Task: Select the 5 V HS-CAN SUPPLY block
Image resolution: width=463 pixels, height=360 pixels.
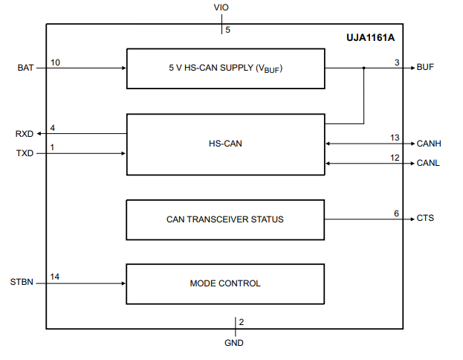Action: [225, 68]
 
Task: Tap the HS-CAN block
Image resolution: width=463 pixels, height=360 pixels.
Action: [225, 145]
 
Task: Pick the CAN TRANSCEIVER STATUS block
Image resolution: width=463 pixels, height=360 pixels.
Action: [225, 219]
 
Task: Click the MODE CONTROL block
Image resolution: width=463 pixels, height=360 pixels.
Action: [225, 283]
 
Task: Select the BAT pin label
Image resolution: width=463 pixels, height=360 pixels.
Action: [25, 68]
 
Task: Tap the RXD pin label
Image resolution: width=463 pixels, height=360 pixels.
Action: [25, 134]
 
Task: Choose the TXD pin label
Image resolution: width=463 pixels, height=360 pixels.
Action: [25, 153]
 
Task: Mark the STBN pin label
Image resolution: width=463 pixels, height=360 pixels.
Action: [22, 283]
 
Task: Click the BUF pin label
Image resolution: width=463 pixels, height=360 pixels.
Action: [425, 68]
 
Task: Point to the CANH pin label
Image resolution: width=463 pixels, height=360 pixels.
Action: [429, 143]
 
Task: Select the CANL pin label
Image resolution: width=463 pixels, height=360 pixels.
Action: [428, 163]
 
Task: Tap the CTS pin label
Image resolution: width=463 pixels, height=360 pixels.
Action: [425, 219]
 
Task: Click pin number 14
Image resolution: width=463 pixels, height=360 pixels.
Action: [55, 277]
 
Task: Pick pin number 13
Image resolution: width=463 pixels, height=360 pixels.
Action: [395, 138]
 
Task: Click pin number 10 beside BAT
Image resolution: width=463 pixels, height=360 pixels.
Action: [55, 62]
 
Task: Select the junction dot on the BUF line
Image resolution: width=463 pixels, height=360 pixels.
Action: [363, 68]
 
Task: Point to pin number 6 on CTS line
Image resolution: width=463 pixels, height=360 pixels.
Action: [396, 213]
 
